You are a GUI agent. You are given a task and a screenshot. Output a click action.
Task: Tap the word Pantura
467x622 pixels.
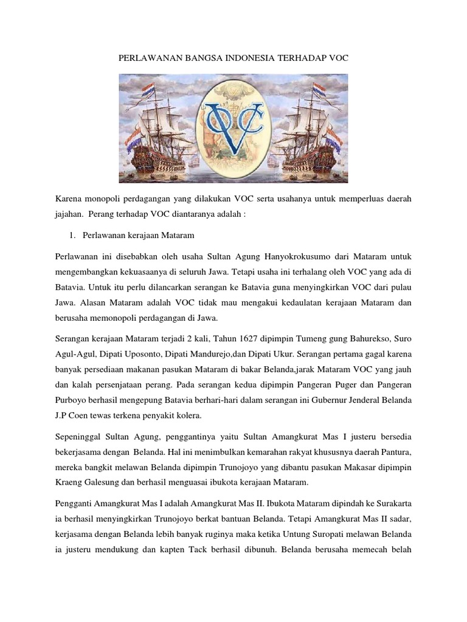point(396,451)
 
